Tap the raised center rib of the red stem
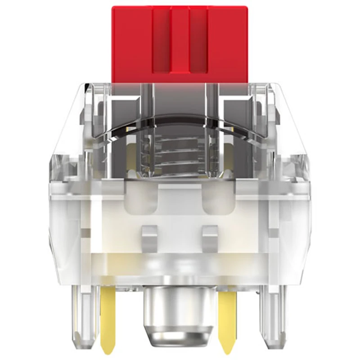(180, 40)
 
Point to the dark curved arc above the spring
(180, 118)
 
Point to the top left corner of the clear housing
(85, 85)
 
